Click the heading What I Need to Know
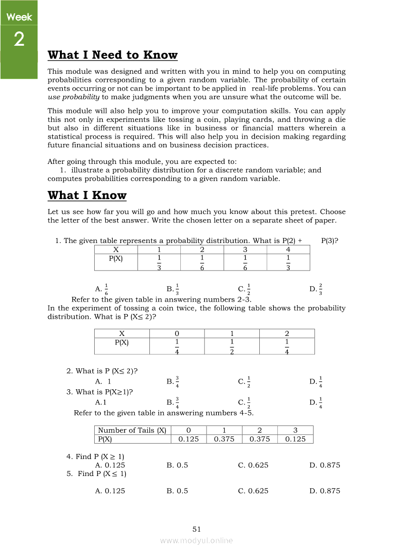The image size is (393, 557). pos(112,55)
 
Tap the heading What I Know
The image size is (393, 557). pos(87,195)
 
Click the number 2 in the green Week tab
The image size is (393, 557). pos(19,40)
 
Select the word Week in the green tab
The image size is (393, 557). pos(19,17)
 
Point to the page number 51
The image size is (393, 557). pos(196,529)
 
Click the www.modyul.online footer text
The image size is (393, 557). pos(196,540)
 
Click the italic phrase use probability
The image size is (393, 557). pos(73,97)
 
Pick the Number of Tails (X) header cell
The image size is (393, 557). pos(132,430)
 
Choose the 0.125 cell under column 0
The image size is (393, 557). pos(188,439)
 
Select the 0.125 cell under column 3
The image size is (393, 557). pos(295,439)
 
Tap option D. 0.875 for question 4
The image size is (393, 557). pos(324,465)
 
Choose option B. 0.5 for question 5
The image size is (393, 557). pos(177,491)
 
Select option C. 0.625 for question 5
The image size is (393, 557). pos(253,491)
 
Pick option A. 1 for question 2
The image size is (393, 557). pos(103,381)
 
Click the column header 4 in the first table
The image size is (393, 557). pos(288,250)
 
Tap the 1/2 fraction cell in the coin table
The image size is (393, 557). pos(232,346)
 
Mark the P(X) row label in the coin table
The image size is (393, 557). pos(122,342)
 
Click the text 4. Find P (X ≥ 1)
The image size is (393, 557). pos(95,456)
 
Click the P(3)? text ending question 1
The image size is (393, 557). pos(330,241)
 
